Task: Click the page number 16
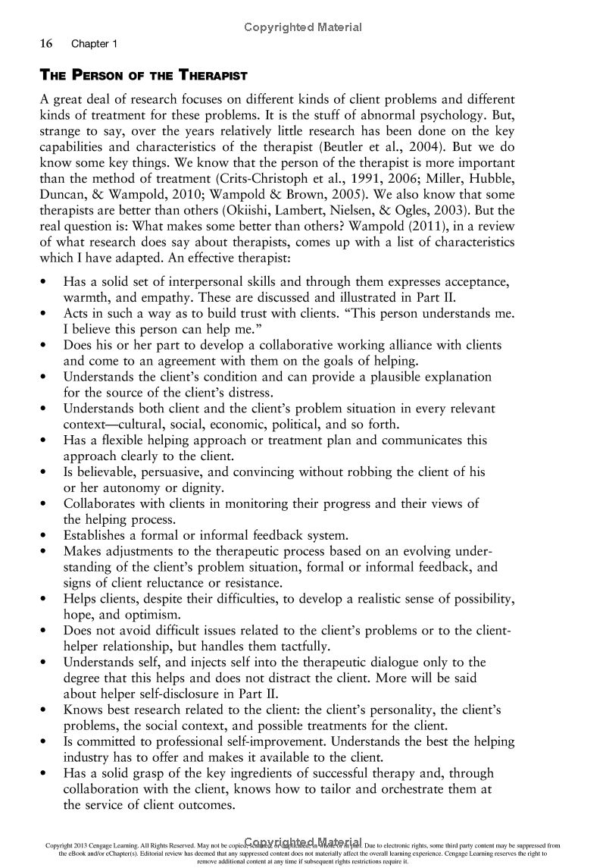coord(45,44)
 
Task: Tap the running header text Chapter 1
coord(95,44)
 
